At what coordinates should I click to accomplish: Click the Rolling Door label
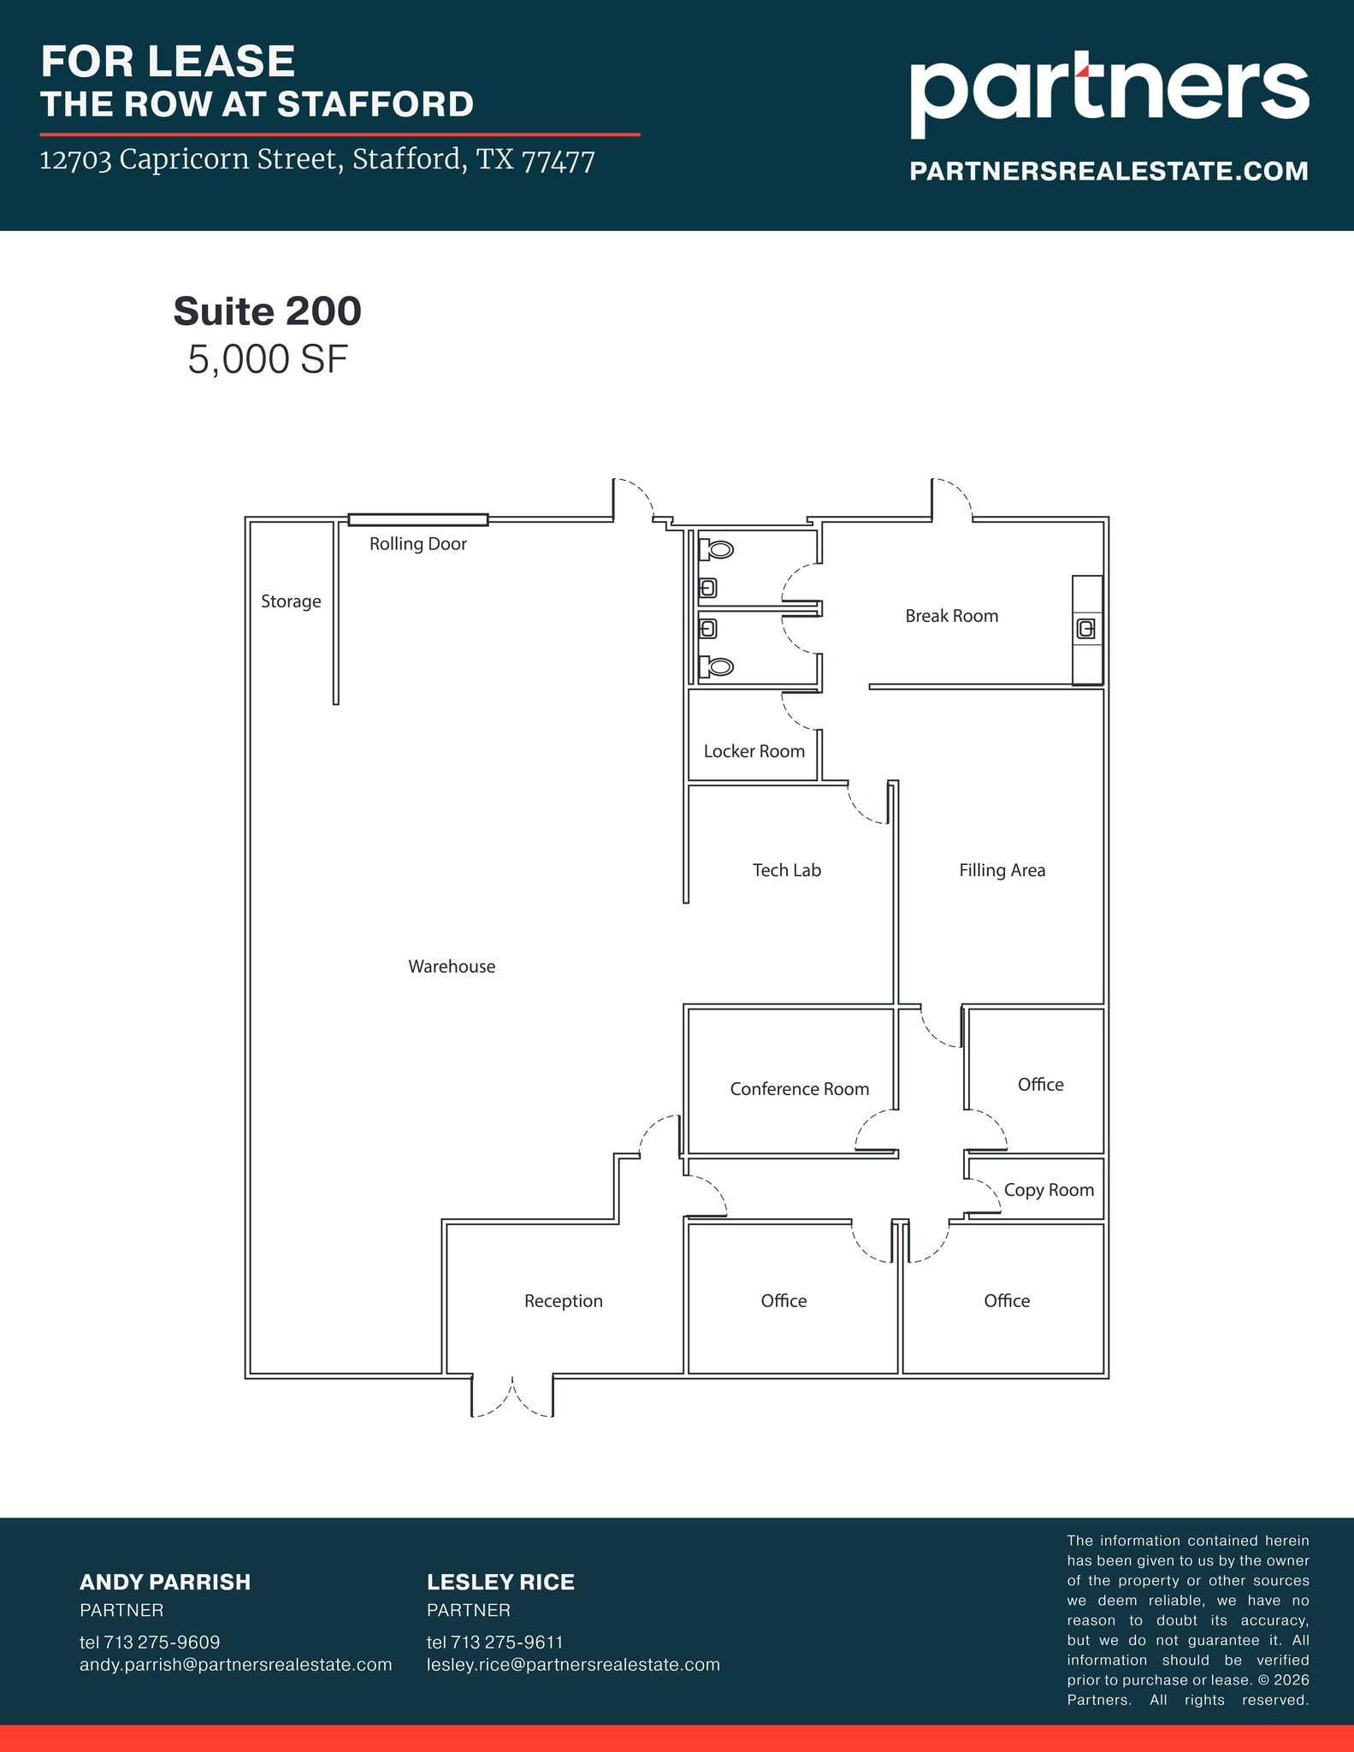(417, 544)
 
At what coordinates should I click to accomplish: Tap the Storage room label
(291, 601)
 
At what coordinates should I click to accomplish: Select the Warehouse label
(452, 967)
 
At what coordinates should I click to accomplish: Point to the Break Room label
(951, 616)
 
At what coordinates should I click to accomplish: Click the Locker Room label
(754, 751)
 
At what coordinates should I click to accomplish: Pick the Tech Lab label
(786, 870)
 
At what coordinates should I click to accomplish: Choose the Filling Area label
(1002, 870)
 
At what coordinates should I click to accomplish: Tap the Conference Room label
(799, 1089)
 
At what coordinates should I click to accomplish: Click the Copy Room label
(1049, 1190)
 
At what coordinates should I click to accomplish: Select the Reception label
(563, 1301)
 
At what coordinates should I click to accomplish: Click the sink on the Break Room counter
(1085, 630)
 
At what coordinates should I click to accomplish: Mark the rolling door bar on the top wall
(417, 519)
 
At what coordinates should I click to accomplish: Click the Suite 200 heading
(267, 311)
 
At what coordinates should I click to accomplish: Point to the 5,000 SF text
(267, 360)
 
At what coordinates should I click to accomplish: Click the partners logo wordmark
(1109, 93)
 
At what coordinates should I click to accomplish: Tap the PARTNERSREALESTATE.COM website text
(1109, 171)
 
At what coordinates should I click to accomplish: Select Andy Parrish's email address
(235, 1665)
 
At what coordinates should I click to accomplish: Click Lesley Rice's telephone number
(494, 1642)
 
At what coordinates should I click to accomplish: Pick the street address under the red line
(317, 160)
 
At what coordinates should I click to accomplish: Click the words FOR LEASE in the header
(168, 62)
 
